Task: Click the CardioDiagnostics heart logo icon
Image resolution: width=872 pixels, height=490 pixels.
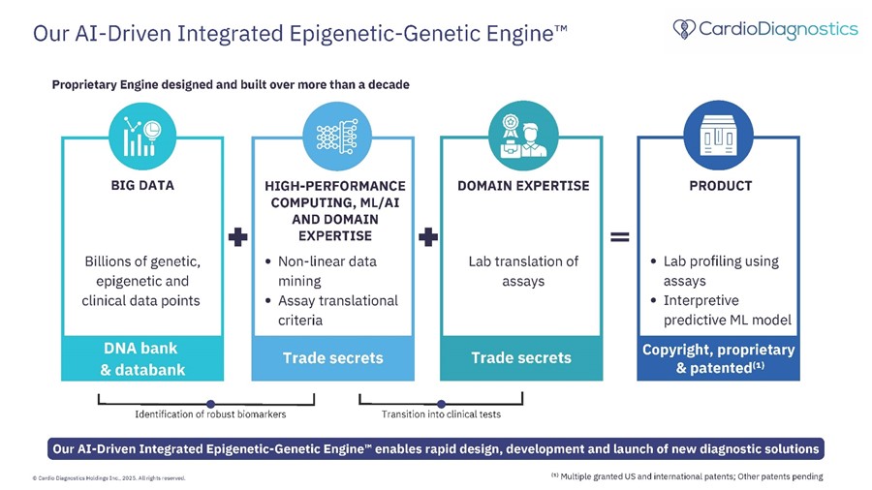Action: pos(684,29)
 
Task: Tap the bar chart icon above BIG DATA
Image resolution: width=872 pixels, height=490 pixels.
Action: pos(142,137)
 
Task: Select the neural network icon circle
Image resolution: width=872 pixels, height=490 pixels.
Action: pos(337,137)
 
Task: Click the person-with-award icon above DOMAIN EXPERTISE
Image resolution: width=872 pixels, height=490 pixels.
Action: pos(523,136)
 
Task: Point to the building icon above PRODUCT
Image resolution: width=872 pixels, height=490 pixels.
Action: pos(719,136)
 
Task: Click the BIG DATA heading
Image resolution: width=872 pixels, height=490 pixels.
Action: pos(142,186)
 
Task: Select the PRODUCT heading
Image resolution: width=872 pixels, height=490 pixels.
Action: pos(721,186)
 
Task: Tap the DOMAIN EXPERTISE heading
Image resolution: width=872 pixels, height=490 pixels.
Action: pos(523,186)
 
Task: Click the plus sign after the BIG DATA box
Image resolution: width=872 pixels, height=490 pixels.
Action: pos(238,237)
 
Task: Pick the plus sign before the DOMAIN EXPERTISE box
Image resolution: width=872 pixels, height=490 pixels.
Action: pos(428,237)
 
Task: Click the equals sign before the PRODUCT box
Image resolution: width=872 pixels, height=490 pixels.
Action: pos(620,237)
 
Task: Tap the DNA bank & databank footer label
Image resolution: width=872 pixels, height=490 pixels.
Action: pos(142,359)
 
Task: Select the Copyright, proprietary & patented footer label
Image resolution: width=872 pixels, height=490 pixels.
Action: pos(719,358)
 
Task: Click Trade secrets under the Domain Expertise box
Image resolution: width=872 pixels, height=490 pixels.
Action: pos(521,357)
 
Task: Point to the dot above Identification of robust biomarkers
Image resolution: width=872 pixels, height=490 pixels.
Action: pos(210,404)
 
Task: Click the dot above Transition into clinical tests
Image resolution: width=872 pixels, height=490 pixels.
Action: pos(441,404)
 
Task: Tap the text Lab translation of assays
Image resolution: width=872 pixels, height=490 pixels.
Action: pos(523,271)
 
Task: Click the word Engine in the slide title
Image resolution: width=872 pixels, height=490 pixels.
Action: pos(519,33)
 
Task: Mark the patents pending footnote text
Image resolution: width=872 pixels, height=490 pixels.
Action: pos(687,476)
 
